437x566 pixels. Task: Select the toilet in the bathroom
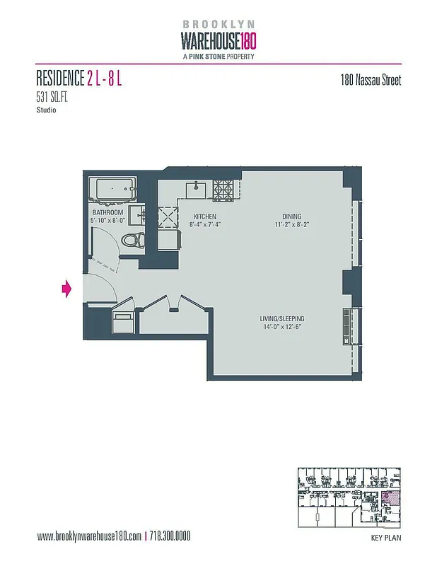click(x=132, y=241)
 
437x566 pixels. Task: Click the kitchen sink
click(x=194, y=190)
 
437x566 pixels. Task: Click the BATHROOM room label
click(x=107, y=212)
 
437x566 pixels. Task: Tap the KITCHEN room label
click(x=205, y=216)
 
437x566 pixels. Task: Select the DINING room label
click(x=291, y=216)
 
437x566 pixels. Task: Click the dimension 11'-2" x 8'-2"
click(x=291, y=225)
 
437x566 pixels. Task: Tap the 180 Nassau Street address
click(x=371, y=80)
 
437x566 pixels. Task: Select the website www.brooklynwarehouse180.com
click(x=89, y=536)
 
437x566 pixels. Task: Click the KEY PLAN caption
click(x=386, y=538)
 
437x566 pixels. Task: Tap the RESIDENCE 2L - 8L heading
click(x=79, y=78)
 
